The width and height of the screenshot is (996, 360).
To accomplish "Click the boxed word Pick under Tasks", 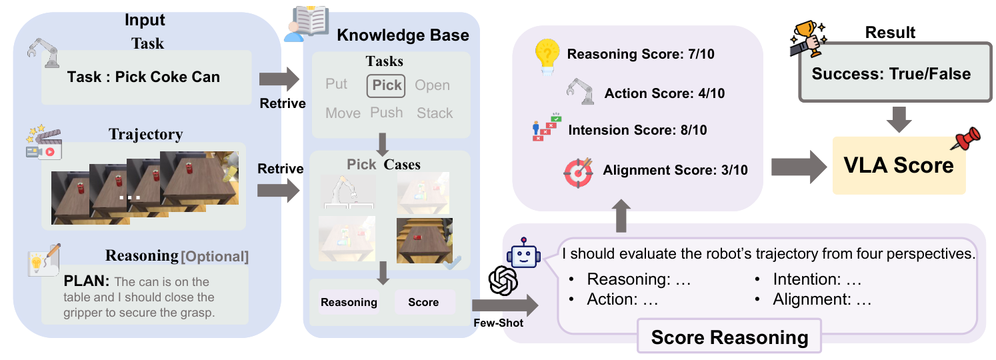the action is (x=386, y=85).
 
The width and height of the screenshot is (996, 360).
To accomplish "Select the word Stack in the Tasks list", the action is (x=435, y=113).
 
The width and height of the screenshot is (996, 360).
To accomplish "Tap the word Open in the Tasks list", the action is (x=432, y=85).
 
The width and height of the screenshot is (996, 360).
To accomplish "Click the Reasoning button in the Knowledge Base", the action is (x=349, y=302).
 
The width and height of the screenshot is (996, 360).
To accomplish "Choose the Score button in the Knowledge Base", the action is (x=424, y=302).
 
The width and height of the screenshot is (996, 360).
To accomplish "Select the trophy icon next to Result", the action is (x=807, y=39).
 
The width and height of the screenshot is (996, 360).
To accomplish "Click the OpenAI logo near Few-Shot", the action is (x=503, y=281).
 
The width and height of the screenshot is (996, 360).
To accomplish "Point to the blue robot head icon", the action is (x=524, y=253).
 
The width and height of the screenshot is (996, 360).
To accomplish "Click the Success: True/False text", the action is (x=891, y=74).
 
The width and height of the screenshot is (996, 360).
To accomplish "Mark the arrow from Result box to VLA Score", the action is (x=899, y=119).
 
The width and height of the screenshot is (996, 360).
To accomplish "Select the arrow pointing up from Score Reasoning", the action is (x=621, y=215).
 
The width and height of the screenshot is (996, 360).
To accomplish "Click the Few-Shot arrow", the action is (x=505, y=305).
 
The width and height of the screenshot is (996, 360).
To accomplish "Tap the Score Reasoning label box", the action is (x=729, y=337).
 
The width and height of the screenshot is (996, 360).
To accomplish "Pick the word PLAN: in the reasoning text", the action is (x=86, y=281).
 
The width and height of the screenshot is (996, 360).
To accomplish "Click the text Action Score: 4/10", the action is (x=664, y=93).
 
